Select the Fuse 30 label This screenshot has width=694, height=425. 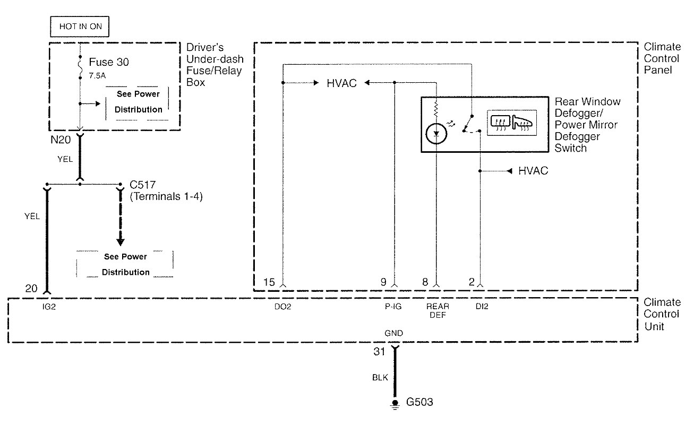pyautogui.click(x=108, y=62)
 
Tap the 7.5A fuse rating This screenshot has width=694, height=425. pyautogui.click(x=97, y=75)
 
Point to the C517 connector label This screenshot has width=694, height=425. pyautogui.click(x=141, y=186)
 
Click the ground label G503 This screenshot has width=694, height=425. pyautogui.click(x=420, y=402)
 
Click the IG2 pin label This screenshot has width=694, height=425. pyautogui.click(x=49, y=307)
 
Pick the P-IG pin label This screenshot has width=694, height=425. pyautogui.click(x=393, y=307)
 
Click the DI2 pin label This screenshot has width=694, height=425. pyautogui.click(x=482, y=307)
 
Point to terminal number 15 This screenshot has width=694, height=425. pyautogui.click(x=269, y=282)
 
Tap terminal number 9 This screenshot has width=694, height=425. pyautogui.click(x=383, y=282)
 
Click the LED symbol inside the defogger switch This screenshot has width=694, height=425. pyautogui.click(x=436, y=134)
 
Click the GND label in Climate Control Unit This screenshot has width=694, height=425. pyautogui.click(x=394, y=333)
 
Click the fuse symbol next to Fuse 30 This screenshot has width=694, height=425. pyautogui.click(x=80, y=66)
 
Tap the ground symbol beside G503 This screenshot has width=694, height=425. pyautogui.click(x=395, y=404)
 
